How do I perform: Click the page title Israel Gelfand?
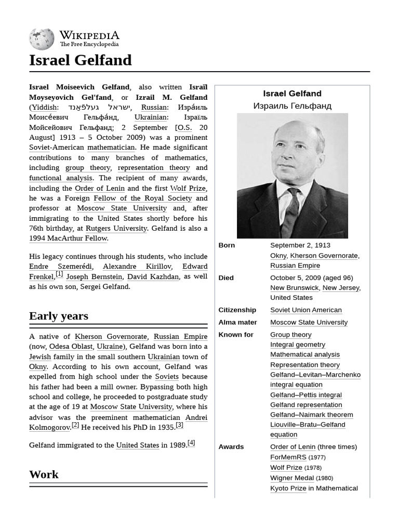coord(81,60)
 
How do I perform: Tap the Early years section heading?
coord(59,316)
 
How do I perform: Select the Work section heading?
coord(44,474)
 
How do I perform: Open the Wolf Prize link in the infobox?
coord(286,468)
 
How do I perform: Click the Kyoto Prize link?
coord(288,488)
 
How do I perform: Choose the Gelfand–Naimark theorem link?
coord(311,415)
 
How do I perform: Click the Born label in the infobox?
coord(227,245)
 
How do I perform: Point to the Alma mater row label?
coord(237,322)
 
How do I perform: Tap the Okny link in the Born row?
coord(278,256)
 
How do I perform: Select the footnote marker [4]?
coord(191,443)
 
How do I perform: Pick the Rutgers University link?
coord(116,228)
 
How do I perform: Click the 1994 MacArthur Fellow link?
coord(68,238)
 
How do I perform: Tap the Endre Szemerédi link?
coord(61,267)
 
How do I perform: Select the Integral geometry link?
coord(298,344)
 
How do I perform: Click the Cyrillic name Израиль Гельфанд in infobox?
coord(292,106)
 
